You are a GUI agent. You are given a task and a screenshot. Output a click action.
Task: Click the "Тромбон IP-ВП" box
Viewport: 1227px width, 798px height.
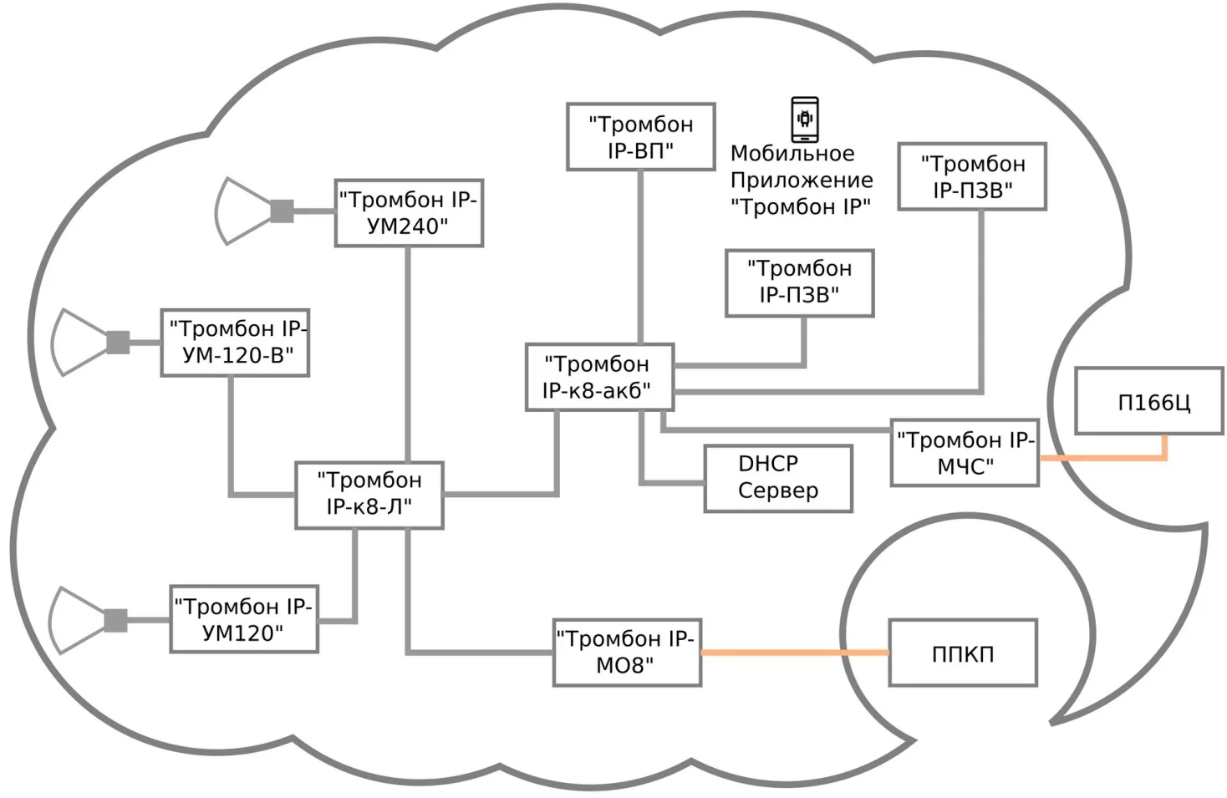pyautogui.click(x=640, y=137)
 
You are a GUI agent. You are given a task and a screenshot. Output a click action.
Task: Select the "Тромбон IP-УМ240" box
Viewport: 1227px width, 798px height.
pyautogui.click(x=409, y=213)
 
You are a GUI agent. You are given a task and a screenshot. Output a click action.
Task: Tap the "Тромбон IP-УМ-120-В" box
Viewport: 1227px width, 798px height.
pyautogui.click(x=235, y=343)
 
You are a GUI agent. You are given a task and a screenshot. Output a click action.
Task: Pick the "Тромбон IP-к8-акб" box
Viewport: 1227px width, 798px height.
pyautogui.click(x=599, y=377)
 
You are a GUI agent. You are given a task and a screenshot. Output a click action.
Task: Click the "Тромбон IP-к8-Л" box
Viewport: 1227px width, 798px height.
pyautogui.click(x=369, y=495)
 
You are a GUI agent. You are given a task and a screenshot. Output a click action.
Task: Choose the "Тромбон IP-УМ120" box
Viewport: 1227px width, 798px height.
pyautogui.click(x=244, y=619)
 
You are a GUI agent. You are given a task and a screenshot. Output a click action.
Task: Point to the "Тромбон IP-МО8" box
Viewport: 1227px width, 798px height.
pyautogui.click(x=627, y=653)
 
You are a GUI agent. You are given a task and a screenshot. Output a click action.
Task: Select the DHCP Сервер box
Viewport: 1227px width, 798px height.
pyautogui.click(x=778, y=478)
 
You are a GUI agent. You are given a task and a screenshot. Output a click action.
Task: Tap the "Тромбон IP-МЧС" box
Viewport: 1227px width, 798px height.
pyautogui.click(x=965, y=453)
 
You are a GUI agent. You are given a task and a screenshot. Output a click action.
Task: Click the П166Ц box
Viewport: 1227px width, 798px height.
pyautogui.click(x=1148, y=401)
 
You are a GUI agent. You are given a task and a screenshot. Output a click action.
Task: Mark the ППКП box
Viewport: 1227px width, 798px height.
pyautogui.click(x=963, y=653)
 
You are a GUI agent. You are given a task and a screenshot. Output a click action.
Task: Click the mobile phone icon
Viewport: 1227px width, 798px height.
pyautogui.click(x=805, y=119)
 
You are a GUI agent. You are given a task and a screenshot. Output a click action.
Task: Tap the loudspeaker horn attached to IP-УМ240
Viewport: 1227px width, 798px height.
pyautogui.click(x=242, y=211)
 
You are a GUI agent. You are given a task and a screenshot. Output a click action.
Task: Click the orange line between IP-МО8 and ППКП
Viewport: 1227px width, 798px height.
pyautogui.click(x=794, y=653)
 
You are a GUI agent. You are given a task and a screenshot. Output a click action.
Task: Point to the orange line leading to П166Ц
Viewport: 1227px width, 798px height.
pyautogui.click(x=1103, y=458)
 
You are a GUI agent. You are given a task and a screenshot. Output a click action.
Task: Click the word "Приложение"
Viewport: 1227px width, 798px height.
pyautogui.click(x=802, y=180)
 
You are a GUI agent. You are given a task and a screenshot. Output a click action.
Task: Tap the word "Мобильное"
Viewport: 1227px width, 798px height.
pyautogui.click(x=792, y=154)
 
